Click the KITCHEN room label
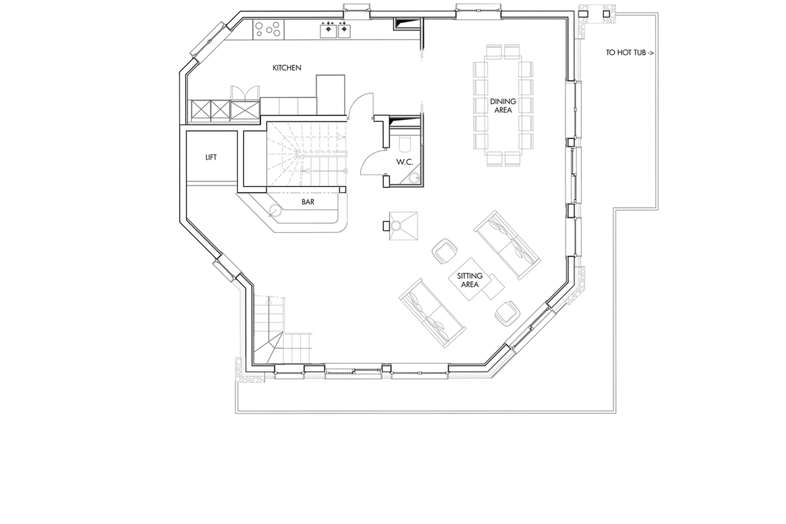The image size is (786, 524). click(x=287, y=68)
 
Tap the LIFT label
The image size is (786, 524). click(x=211, y=157)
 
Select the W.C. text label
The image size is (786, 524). click(x=404, y=162)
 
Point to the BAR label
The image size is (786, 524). click(x=308, y=202)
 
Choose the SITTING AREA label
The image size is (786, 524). click(x=470, y=280)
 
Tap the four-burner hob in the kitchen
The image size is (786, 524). click(x=268, y=29)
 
